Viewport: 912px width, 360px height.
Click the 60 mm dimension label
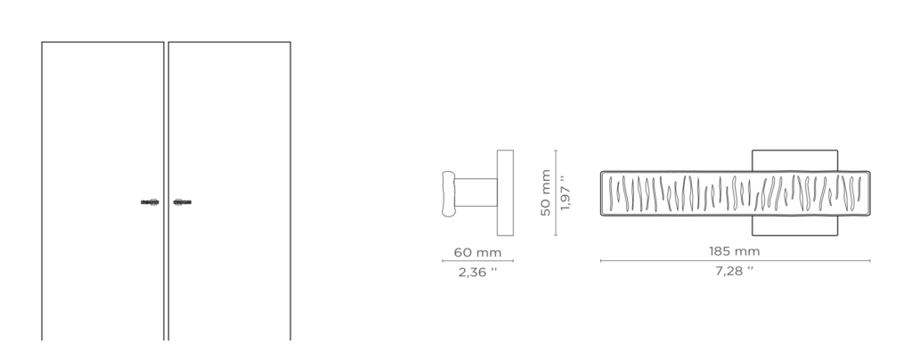(477, 252)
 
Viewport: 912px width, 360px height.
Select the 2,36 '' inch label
(477, 272)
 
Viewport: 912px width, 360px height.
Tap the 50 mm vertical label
(546, 192)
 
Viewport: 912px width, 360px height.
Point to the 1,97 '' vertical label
(565, 192)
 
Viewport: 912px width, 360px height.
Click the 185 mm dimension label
(734, 251)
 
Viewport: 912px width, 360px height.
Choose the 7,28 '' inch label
(734, 270)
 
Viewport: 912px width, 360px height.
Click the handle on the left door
(150, 202)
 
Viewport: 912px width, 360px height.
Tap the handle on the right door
(182, 202)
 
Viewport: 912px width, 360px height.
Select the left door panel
(103, 191)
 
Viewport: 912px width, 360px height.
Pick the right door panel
(230, 191)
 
